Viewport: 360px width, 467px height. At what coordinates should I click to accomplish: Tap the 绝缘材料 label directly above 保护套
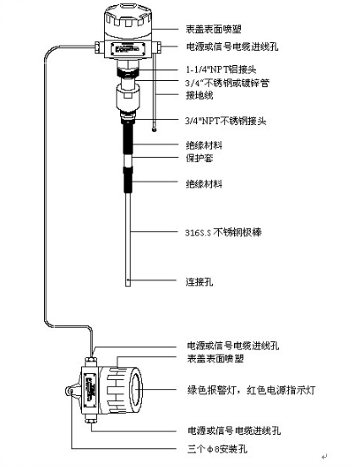(204, 144)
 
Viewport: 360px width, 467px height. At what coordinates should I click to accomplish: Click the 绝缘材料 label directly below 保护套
(204, 182)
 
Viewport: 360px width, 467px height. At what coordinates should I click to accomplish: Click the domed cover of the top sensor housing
(128, 15)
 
